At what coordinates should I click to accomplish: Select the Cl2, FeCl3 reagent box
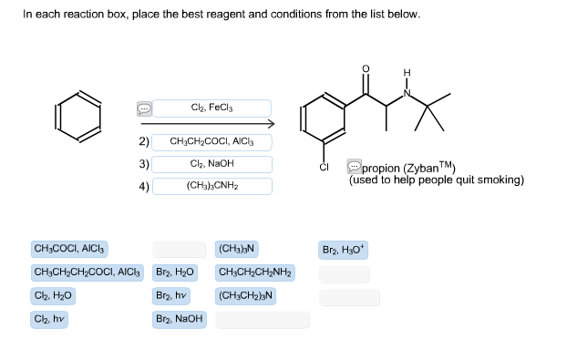211,108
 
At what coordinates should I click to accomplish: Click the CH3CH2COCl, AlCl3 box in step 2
211,142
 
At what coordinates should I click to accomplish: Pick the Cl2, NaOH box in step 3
211,164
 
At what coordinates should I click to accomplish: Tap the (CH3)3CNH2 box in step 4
211,186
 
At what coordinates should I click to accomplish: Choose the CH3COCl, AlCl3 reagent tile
70,249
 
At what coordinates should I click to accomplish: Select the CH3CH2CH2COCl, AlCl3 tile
87,273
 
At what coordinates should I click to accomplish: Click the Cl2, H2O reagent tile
53,296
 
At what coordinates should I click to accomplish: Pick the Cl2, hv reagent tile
50,319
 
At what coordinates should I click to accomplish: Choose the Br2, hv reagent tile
172,296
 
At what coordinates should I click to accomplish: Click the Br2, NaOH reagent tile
179,319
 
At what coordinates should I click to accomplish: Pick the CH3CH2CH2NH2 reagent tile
255,273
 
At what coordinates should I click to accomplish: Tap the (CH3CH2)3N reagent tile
246,296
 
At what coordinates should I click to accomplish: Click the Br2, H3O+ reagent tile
344,249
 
